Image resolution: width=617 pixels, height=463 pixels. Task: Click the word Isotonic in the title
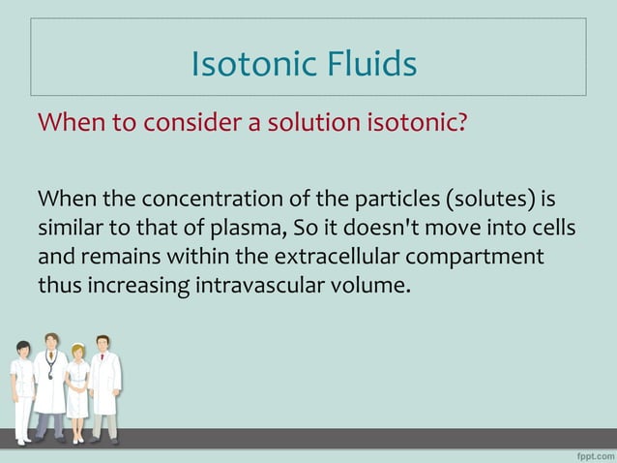(246, 64)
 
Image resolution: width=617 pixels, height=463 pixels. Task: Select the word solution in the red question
(267, 124)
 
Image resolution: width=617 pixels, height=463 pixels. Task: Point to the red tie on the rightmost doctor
(103, 365)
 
